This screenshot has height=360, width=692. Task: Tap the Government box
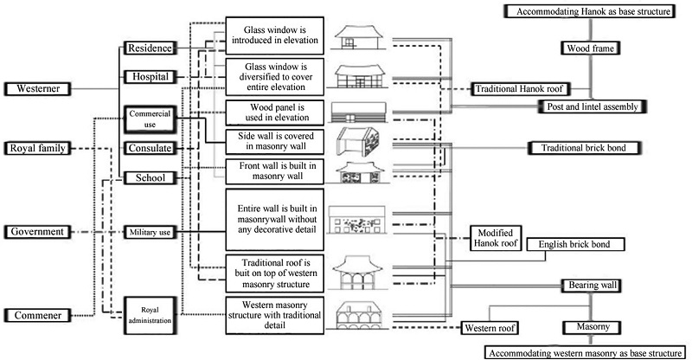[36, 231]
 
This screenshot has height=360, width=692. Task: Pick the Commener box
[36, 315]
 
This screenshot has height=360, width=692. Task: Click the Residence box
[150, 48]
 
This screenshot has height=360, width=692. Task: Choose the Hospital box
[150, 76]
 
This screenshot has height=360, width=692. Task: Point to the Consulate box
[150, 148]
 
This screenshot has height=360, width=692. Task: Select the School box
[150, 177]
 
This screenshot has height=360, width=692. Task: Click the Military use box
[150, 232]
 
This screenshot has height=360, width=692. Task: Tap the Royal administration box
[150, 312]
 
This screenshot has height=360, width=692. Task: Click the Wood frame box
[591, 48]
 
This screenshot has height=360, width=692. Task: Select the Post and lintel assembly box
[593, 106]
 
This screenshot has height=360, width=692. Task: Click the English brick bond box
[575, 245]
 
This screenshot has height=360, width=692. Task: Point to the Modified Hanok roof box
[494, 238]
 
